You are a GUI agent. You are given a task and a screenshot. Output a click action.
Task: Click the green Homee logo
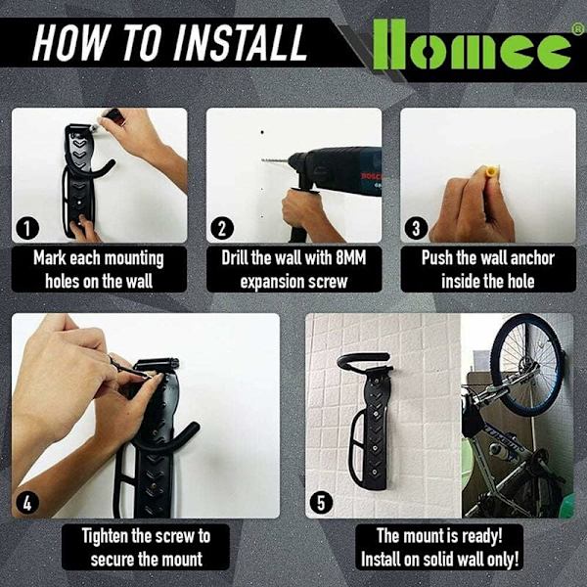tap(473, 45)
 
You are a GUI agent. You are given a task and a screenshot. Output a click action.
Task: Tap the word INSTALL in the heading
tap(240, 43)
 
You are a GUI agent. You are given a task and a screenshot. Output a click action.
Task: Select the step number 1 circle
tap(27, 228)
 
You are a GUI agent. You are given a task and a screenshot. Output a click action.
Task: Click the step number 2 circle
tap(222, 228)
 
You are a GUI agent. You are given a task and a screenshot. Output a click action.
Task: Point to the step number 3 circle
tap(417, 228)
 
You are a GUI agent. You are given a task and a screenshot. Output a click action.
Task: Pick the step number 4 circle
tap(27, 504)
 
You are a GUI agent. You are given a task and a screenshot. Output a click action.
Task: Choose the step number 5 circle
tap(321, 504)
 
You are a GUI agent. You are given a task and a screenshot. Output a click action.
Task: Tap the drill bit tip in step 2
tap(262, 160)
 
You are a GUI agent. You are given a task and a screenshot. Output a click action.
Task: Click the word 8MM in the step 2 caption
tap(350, 258)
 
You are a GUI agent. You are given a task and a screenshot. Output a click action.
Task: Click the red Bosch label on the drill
tap(372, 176)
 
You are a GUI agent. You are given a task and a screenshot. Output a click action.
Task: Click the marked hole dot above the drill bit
tap(262, 132)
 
